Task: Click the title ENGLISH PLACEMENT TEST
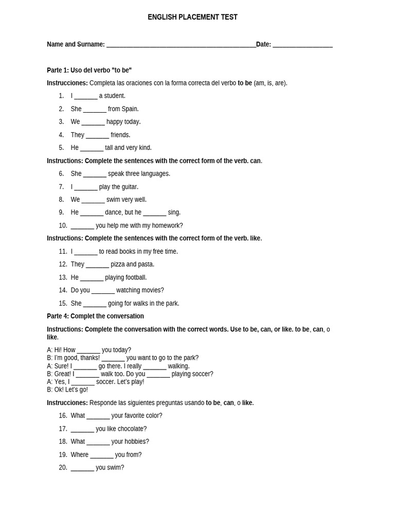click(192, 17)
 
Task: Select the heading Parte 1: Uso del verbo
click(89, 70)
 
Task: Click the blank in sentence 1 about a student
click(85, 97)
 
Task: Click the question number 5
click(61, 148)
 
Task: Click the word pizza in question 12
click(117, 265)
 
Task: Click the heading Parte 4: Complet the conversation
click(95, 316)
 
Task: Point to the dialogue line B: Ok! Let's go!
click(67, 390)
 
